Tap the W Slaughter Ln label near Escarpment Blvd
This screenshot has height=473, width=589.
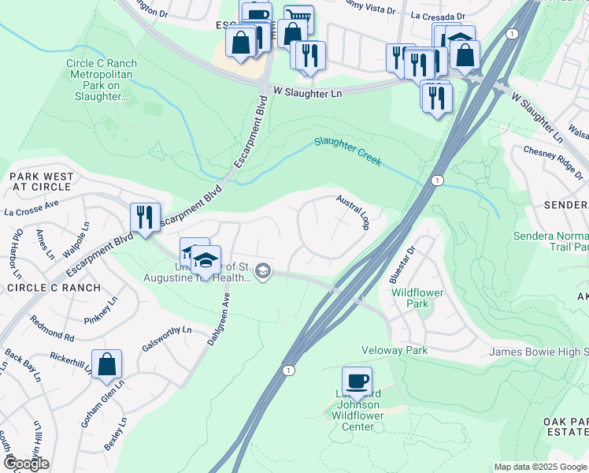coord(308,93)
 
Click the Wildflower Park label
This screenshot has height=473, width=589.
coord(420,296)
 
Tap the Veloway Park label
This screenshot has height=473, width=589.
coord(393,349)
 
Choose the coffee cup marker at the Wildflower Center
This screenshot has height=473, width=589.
coord(357,381)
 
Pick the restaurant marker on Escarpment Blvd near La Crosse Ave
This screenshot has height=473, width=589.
coord(145,217)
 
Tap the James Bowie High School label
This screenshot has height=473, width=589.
coord(539,352)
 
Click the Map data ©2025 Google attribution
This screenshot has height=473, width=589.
coord(540,467)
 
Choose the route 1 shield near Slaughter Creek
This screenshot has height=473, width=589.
coord(435,181)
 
